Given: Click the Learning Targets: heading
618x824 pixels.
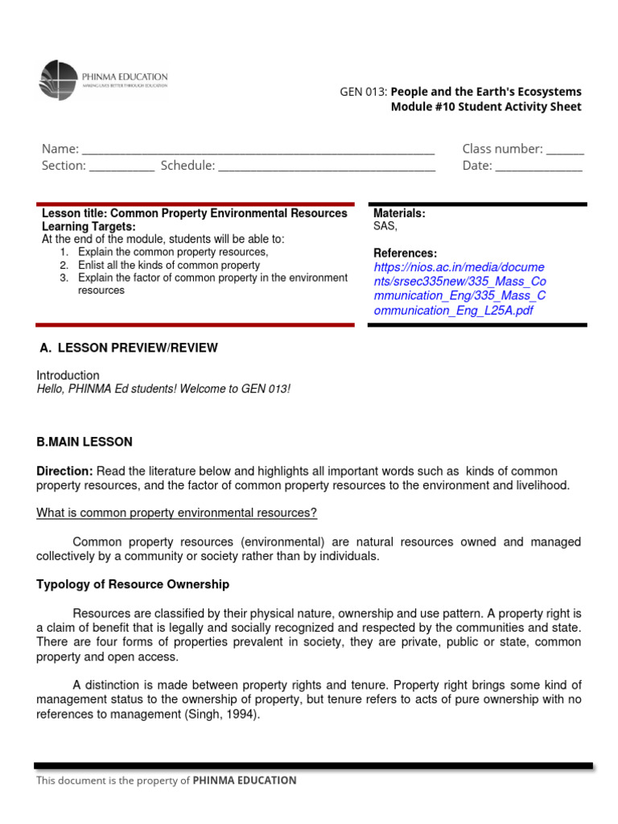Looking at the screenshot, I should point(89,227).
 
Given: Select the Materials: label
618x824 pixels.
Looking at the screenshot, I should point(399,213).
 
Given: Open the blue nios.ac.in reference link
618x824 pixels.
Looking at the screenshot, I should point(459,288).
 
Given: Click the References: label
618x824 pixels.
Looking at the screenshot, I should point(405,253).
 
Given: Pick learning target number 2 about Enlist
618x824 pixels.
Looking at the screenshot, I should point(168,265).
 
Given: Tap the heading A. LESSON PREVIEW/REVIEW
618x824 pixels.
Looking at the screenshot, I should point(129,348).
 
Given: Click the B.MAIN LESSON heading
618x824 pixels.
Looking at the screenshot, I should point(84,442).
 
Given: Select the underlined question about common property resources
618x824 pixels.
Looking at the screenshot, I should point(177,513).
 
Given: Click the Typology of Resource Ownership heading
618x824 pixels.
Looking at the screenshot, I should point(133,584).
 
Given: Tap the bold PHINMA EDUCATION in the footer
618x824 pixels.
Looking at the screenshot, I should point(245,780).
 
